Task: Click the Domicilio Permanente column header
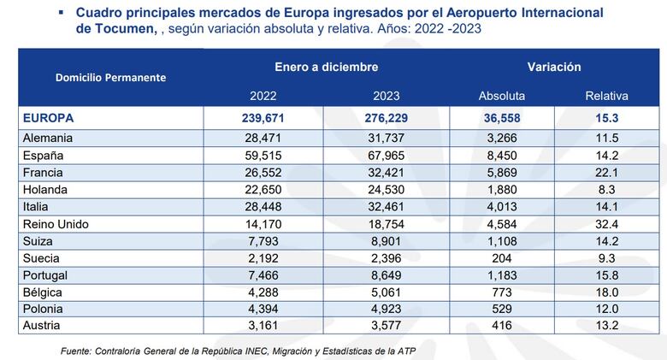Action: [110, 77]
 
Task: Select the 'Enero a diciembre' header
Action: [327, 67]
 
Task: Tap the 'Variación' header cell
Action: [554, 67]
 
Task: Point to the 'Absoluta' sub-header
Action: [502, 96]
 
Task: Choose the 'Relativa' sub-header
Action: [606, 96]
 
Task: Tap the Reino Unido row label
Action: [58, 225]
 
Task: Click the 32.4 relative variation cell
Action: [606, 225]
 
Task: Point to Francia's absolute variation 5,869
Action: [502, 172]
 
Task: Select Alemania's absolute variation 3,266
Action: [502, 137]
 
